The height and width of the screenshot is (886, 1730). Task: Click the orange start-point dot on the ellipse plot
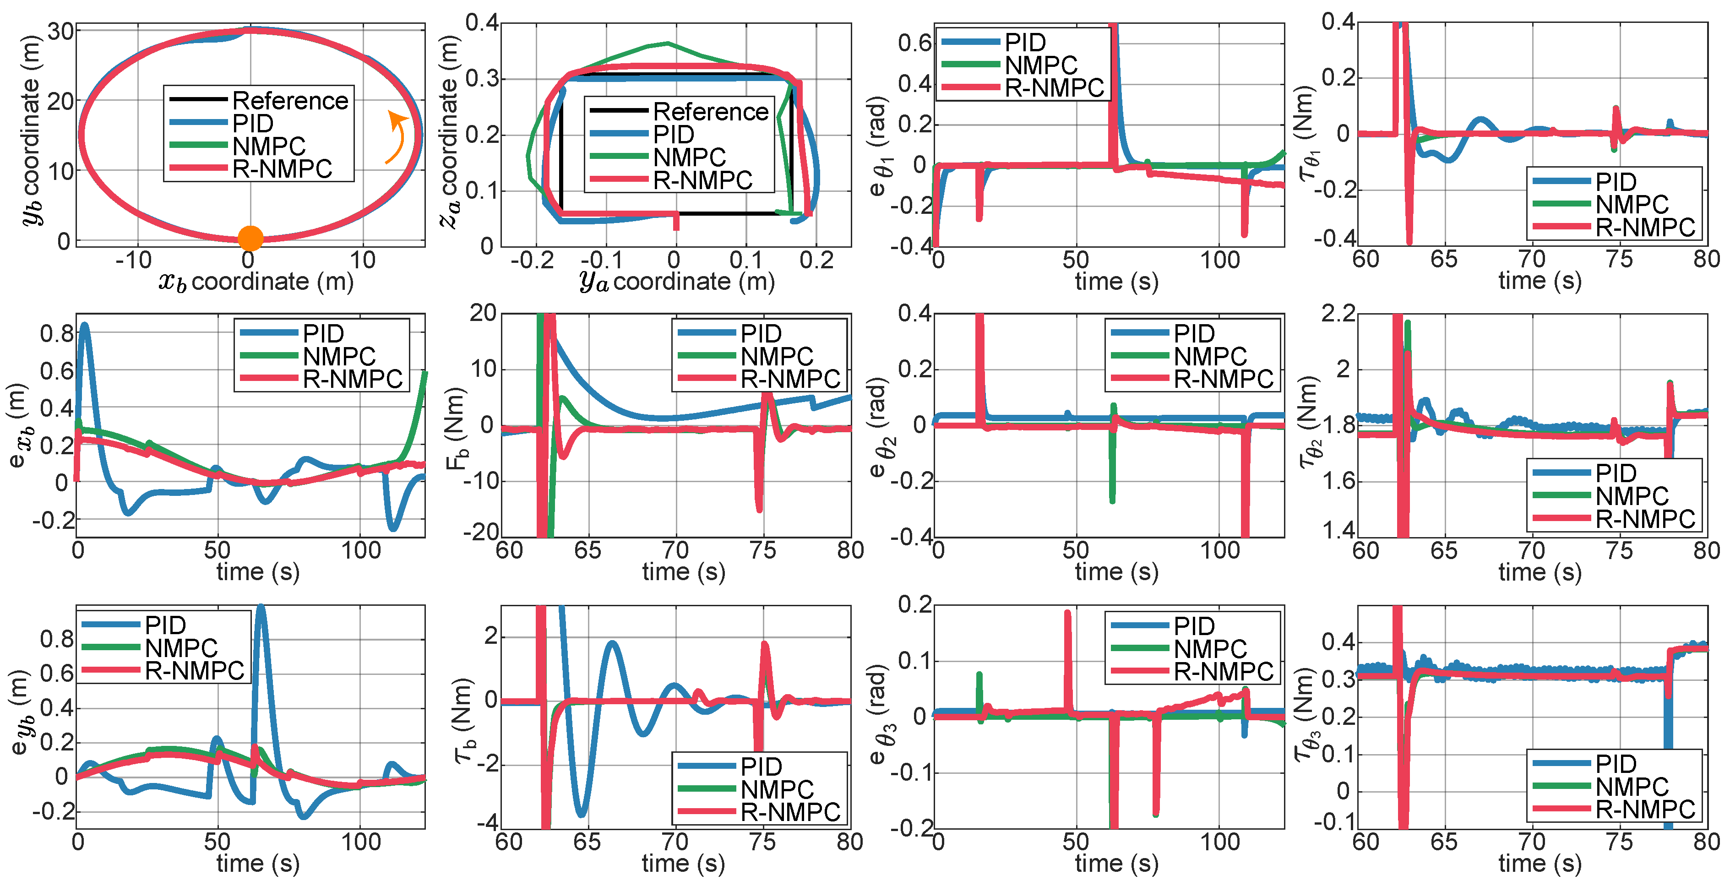click(250, 238)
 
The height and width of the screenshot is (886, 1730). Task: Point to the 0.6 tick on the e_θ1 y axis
click(915, 43)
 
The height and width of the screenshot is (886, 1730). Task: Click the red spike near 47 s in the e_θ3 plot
click(1067, 614)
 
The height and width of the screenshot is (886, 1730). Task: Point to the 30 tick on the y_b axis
click(60, 32)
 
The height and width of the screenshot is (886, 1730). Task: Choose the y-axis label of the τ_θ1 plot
click(1306, 134)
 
